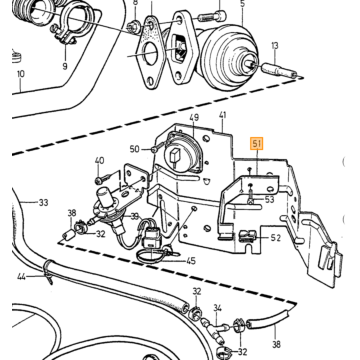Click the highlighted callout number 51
click(x=257, y=144)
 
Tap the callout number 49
click(x=194, y=118)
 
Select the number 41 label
click(x=222, y=115)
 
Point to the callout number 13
click(x=275, y=46)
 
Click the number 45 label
click(x=191, y=261)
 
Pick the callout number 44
click(x=21, y=277)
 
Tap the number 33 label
click(x=43, y=202)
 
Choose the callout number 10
click(x=21, y=74)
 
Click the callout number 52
click(x=276, y=238)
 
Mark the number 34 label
click(x=218, y=308)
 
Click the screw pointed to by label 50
click(x=157, y=147)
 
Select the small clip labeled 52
click(x=247, y=235)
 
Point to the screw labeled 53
click(x=251, y=194)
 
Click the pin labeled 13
click(x=279, y=71)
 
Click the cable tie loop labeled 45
click(x=150, y=257)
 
